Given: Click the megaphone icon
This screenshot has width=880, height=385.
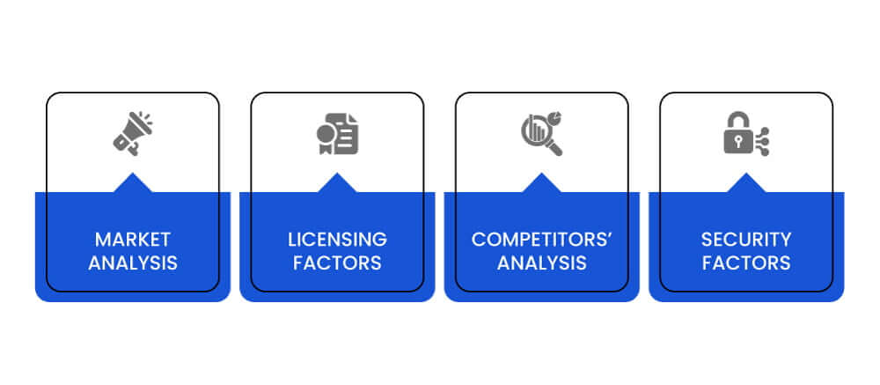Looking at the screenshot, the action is tap(133, 133).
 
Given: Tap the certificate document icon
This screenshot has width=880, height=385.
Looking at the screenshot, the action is tap(337, 134).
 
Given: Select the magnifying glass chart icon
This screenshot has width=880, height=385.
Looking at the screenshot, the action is tap(541, 134).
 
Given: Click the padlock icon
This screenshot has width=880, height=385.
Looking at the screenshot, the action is tap(746, 134).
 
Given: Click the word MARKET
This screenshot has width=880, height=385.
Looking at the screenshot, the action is tap(133, 240).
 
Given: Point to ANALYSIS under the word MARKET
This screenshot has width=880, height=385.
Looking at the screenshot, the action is tap(133, 263).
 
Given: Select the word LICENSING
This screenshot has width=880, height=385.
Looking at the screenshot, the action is tap(337, 240).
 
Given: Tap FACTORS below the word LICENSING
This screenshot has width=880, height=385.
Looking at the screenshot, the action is tap(337, 263).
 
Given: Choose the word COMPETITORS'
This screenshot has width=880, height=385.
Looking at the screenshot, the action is tap(541, 240).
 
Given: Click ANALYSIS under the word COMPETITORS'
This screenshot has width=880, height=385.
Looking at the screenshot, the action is tap(541, 263).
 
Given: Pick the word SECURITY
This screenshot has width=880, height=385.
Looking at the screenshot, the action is tap(746, 240).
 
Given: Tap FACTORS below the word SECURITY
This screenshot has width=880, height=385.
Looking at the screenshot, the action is tap(746, 263).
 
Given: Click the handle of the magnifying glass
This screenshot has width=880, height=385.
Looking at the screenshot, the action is tap(554, 148).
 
